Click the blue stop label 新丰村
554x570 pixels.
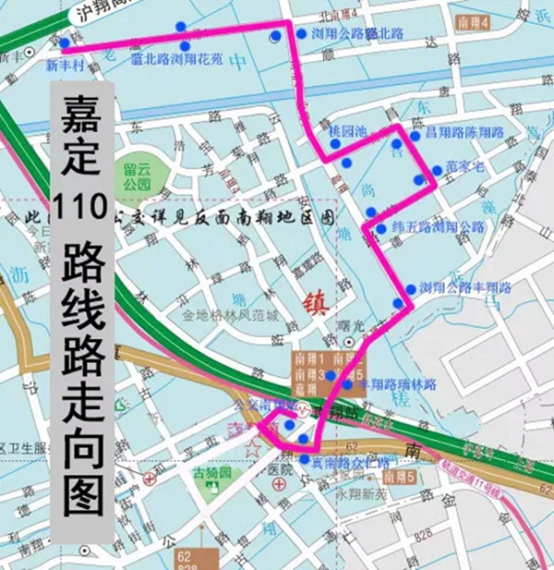click(x=65, y=67)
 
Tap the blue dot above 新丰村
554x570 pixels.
click(x=63, y=42)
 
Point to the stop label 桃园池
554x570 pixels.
click(x=348, y=133)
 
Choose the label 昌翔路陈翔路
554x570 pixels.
click(x=464, y=133)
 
